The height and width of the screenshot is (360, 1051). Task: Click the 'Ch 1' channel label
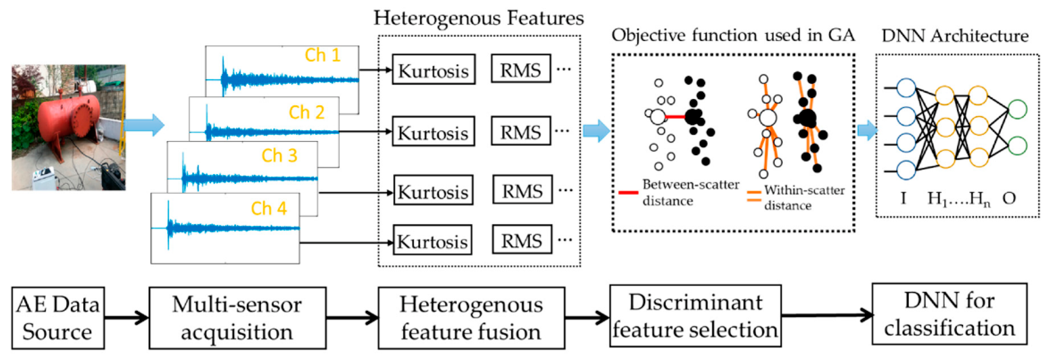[322, 55]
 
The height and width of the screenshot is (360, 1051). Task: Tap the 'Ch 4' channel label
[269, 209]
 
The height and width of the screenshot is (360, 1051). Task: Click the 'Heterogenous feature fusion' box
[471, 318]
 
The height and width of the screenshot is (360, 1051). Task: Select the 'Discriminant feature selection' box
[695, 316]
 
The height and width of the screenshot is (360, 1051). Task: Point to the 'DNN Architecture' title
[955, 36]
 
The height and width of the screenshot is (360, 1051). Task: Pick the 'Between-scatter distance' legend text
[690, 193]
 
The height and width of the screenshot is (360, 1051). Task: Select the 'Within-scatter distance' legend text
[804, 198]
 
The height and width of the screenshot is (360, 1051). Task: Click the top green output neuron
[1017, 109]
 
